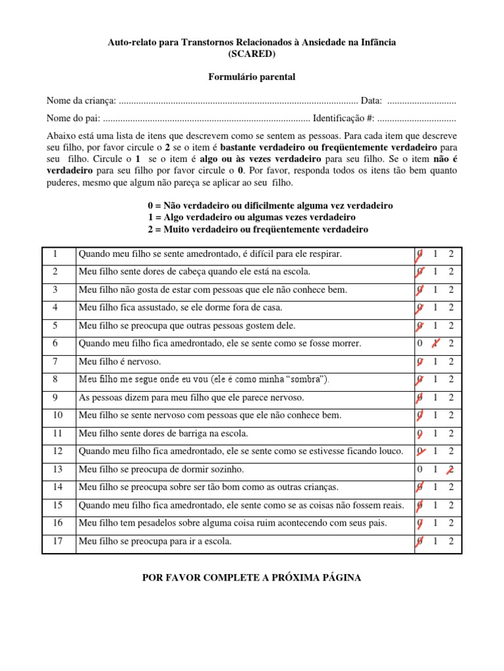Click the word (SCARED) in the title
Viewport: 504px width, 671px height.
tap(251, 54)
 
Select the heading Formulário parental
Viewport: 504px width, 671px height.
tap(251, 77)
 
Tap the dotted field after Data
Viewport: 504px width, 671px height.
tap(421, 101)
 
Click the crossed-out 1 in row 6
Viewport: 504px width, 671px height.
tap(434, 343)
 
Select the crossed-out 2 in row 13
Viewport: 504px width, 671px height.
tap(451, 469)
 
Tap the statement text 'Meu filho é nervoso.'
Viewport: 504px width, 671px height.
tap(119, 362)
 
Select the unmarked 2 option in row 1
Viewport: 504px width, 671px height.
tap(451, 254)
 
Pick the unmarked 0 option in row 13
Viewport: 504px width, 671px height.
tap(419, 469)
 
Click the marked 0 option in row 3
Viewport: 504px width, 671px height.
tap(419, 290)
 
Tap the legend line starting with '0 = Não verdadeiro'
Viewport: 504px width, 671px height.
tap(270, 206)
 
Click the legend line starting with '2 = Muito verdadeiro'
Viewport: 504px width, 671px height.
tap(258, 229)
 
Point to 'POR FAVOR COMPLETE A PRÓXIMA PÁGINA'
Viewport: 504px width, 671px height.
tap(251, 578)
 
